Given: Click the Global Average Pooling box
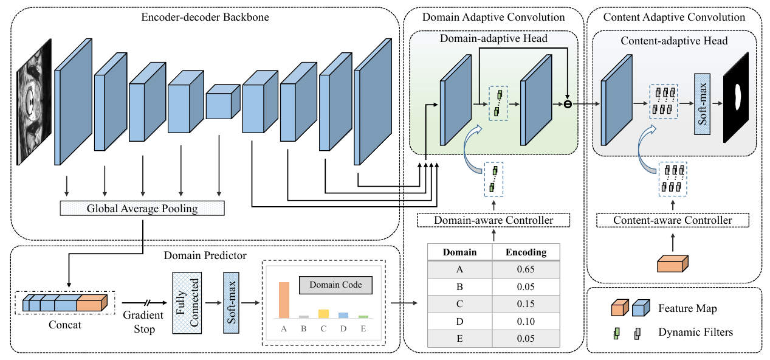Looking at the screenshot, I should (142, 209).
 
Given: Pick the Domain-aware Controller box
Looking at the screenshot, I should (493, 220).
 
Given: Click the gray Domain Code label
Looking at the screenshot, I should (335, 285).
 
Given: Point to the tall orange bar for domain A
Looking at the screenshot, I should (283, 300).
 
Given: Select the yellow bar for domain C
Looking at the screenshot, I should (323, 314).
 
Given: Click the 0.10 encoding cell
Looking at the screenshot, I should (526, 321).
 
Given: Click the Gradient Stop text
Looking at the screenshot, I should (143, 322).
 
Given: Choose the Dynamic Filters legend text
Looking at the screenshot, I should (687, 332).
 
